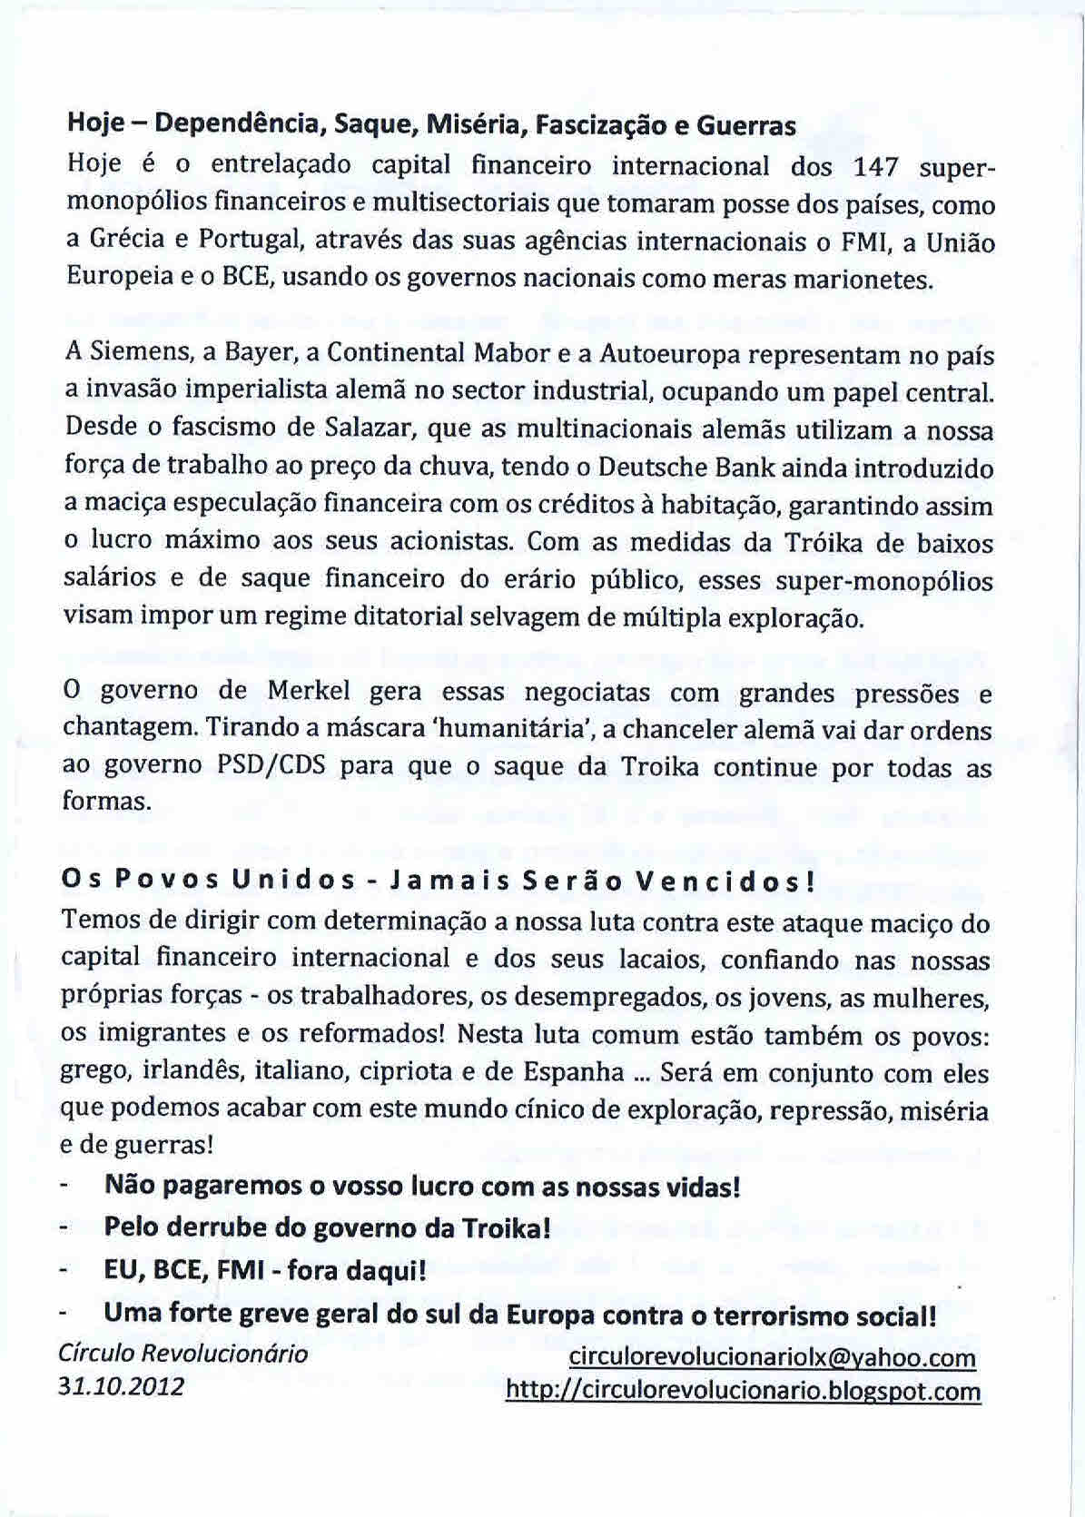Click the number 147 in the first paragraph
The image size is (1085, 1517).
click(877, 167)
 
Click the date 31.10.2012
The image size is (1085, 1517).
click(121, 1386)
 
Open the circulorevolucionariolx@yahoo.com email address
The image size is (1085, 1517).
click(772, 1357)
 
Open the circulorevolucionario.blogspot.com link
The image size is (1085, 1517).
click(743, 1391)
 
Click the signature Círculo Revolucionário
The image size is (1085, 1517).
click(182, 1354)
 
